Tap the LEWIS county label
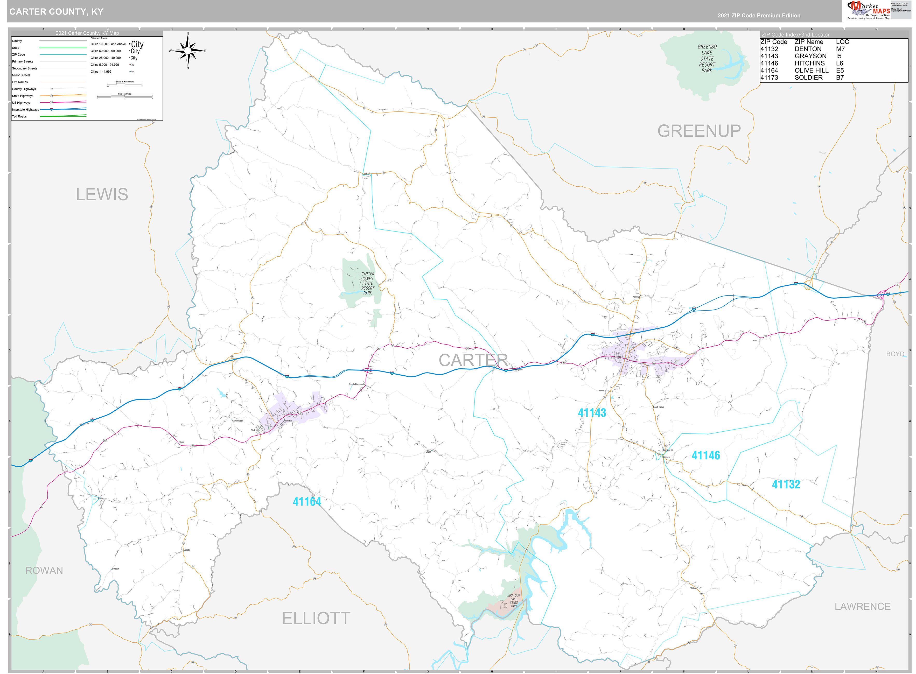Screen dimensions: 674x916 pos(102,194)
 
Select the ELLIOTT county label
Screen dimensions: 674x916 pos(316,618)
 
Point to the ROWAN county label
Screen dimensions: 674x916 pos(44,570)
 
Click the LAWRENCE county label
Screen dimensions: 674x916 pos(862,606)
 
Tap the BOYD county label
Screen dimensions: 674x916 pos(895,354)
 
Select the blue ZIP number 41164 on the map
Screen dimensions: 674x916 pos(307,501)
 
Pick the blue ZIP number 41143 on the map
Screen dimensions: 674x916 pos(592,412)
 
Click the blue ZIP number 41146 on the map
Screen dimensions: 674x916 pos(705,455)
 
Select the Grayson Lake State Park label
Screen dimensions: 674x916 pos(513,601)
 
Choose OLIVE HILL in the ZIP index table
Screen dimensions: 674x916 pos(811,70)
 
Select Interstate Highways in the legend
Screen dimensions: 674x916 pos(25,110)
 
